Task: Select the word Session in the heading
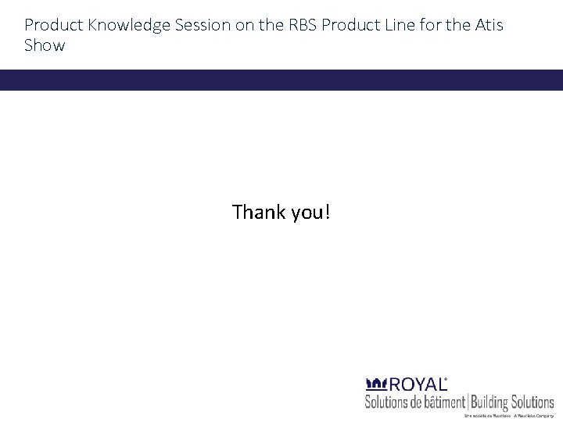(x=202, y=26)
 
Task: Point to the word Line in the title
(x=398, y=26)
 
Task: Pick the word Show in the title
(x=45, y=45)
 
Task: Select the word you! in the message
(x=310, y=213)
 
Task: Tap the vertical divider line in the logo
(x=468, y=402)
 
